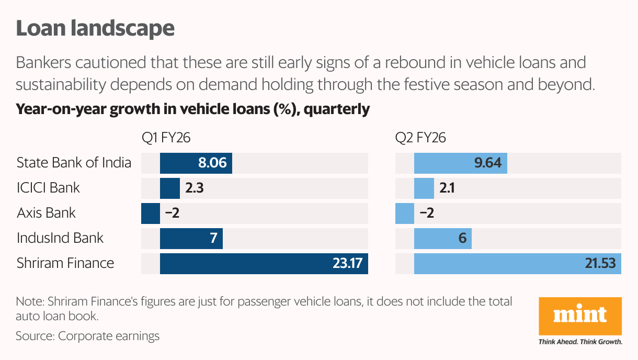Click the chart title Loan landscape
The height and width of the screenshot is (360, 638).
[95, 28]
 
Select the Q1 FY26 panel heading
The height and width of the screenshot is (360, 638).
[166, 138]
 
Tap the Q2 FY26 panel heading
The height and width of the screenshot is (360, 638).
[420, 138]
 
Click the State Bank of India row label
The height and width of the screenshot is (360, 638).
[74, 163]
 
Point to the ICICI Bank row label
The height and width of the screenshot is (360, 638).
[48, 188]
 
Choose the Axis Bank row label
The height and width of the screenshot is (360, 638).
[46, 213]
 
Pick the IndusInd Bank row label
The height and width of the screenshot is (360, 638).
[60, 238]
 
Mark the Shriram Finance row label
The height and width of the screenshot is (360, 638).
[65, 263]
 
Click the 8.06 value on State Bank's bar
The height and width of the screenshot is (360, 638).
[212, 163]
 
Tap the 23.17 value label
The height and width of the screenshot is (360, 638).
[347, 264]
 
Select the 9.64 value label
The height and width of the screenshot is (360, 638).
[487, 163]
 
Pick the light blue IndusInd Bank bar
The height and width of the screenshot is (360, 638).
[443, 239]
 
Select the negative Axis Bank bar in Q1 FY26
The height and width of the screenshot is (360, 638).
[151, 213]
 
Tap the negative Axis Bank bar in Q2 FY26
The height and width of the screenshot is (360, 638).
[405, 213]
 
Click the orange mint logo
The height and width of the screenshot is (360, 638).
[580, 316]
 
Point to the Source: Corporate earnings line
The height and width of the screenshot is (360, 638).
[87, 336]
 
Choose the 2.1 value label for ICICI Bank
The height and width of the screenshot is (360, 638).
[447, 188]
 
